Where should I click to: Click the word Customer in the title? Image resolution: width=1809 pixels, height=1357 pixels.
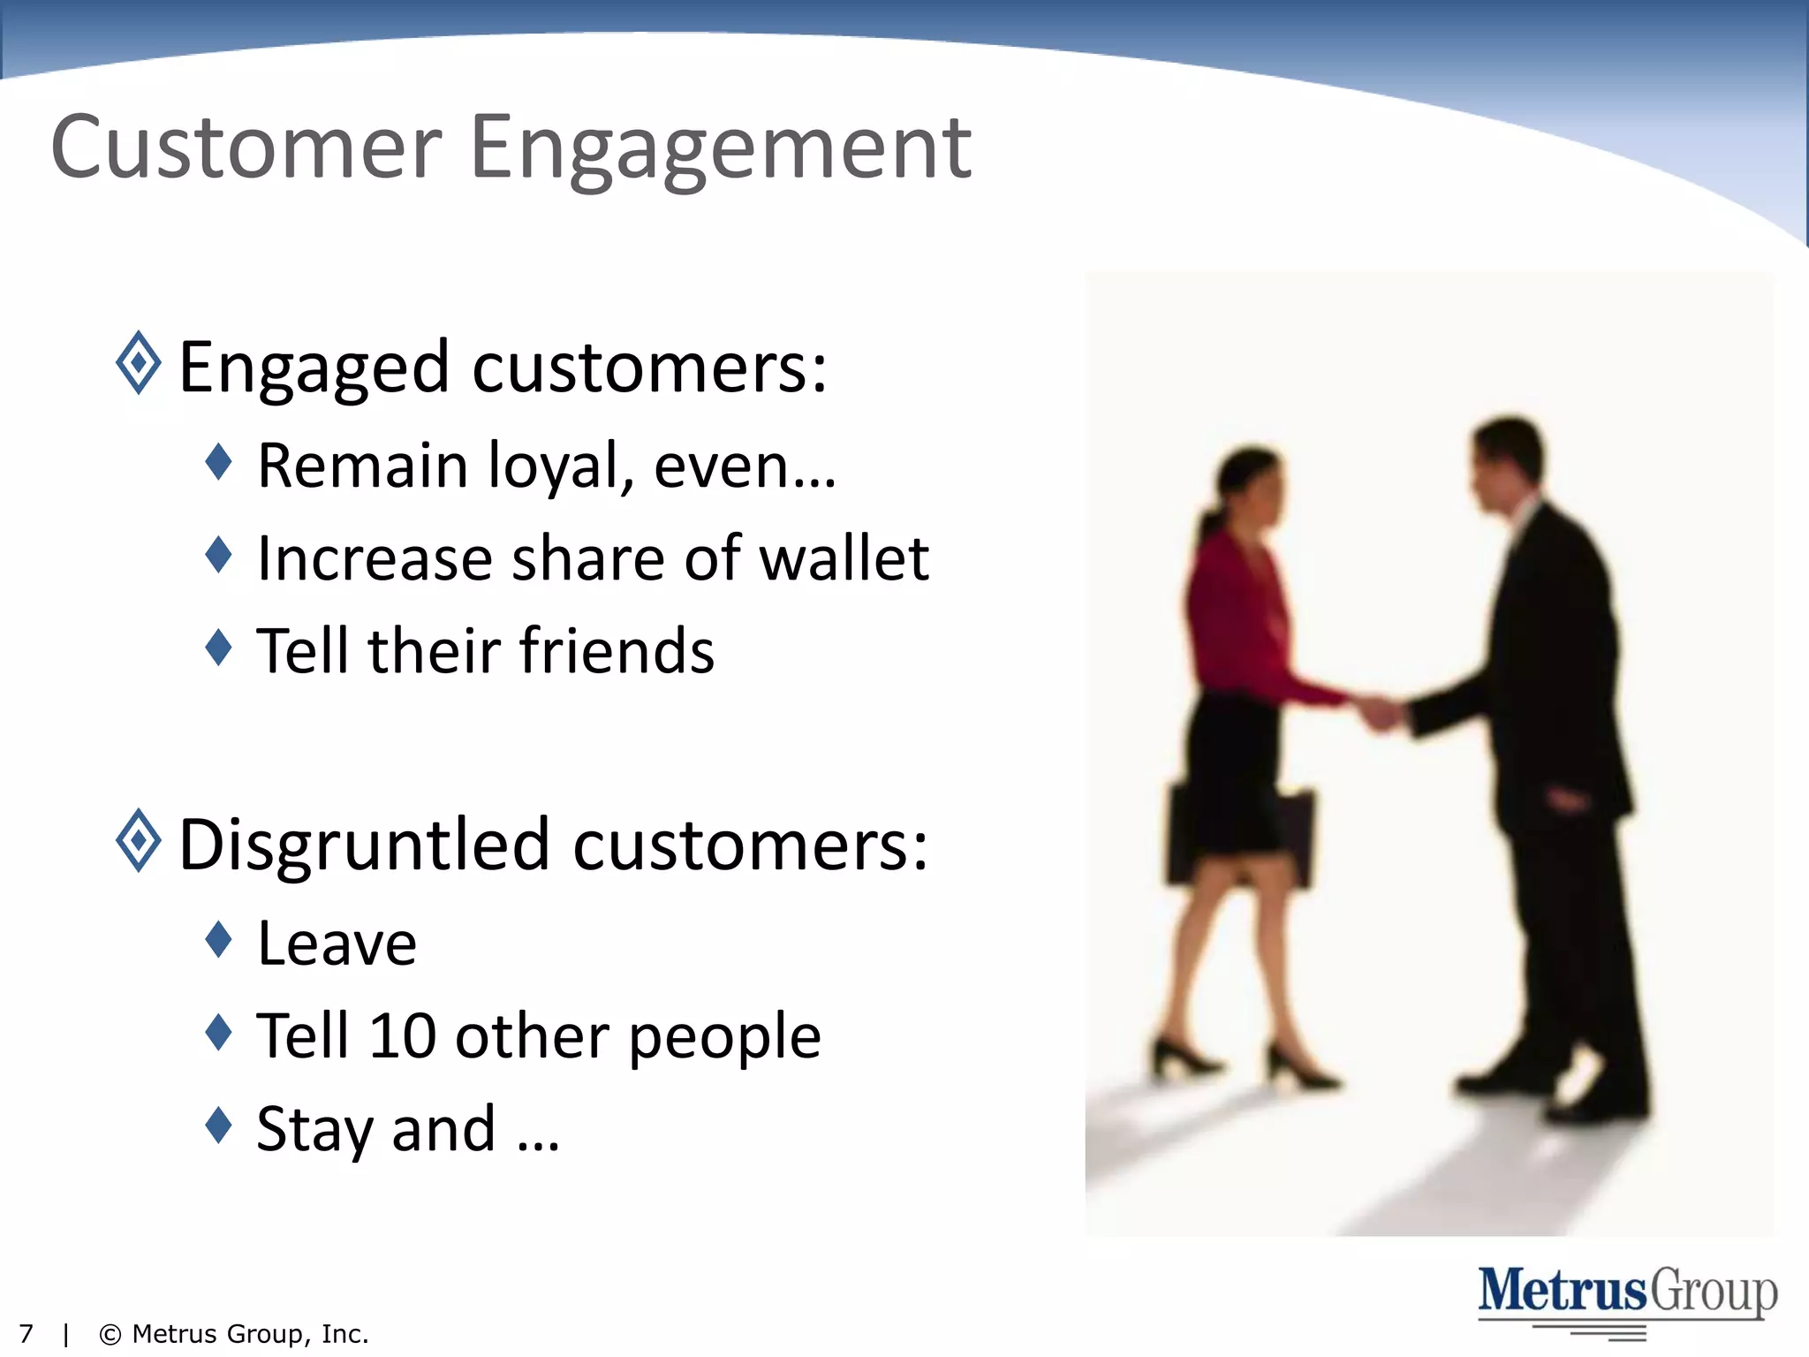(x=246, y=148)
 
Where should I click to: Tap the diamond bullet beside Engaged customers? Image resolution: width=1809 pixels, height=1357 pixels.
(x=139, y=363)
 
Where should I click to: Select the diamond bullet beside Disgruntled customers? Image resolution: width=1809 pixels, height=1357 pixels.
(x=139, y=840)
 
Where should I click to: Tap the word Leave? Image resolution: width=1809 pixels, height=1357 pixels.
(x=337, y=944)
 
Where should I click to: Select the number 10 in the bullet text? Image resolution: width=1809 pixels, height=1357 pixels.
(x=402, y=1035)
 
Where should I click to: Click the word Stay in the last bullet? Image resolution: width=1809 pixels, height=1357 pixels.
(x=314, y=1131)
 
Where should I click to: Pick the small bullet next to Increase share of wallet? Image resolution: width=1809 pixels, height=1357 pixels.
(x=218, y=555)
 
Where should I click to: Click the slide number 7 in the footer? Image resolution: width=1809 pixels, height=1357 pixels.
(x=26, y=1334)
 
